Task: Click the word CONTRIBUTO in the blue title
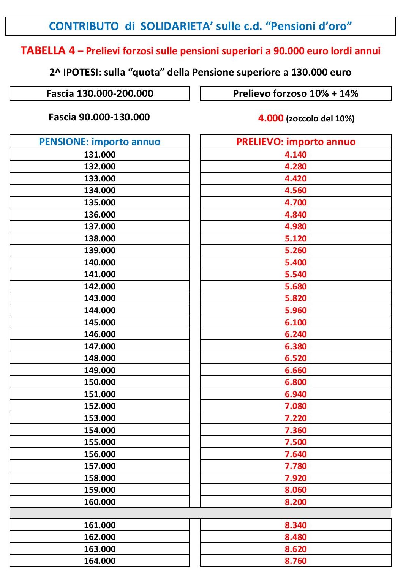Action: tap(84, 26)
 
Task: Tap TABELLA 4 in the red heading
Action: tap(48, 51)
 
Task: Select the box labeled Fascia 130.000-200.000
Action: tap(100, 93)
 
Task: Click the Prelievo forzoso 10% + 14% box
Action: tap(295, 93)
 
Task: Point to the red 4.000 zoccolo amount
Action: tap(270, 118)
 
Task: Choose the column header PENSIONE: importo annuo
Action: tap(100, 142)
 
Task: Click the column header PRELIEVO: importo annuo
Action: tap(295, 142)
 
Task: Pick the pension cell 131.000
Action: tap(100, 155)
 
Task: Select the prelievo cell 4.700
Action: tap(295, 202)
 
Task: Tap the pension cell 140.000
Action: tap(100, 262)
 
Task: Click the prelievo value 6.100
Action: tap(295, 322)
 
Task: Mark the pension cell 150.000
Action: tap(100, 382)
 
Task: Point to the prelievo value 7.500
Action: tap(295, 442)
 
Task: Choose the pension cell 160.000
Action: tap(100, 502)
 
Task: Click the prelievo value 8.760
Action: tap(295, 561)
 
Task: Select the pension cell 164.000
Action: tap(100, 561)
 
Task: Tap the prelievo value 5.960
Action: tap(295, 310)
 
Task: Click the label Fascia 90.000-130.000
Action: tap(99, 117)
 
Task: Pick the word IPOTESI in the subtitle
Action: tap(82, 72)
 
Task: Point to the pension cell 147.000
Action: tap(100, 346)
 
